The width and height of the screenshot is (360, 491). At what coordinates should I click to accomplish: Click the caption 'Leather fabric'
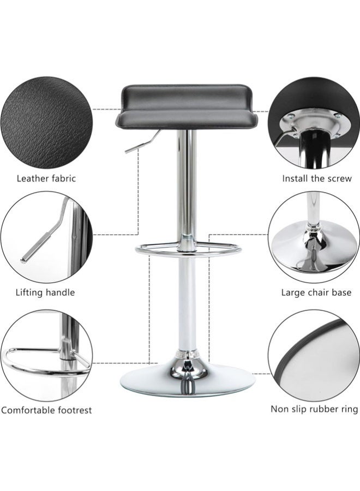46,178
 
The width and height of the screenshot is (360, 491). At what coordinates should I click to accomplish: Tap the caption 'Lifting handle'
45,292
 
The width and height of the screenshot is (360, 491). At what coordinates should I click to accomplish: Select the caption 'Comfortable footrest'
46,410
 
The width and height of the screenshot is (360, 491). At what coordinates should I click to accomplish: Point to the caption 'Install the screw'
317,178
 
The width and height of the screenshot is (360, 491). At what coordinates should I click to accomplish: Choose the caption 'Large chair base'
316,292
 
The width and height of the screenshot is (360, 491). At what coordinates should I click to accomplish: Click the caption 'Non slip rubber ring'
314,409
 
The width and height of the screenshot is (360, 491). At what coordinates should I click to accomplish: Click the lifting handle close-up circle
44,237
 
